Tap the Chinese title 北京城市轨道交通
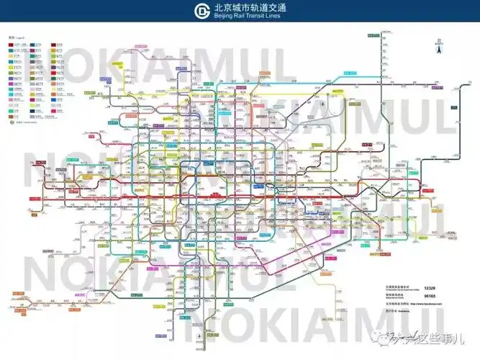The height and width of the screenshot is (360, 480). point(246,7)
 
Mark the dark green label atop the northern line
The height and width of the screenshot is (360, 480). point(373,35)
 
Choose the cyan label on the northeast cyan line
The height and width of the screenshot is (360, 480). point(350,73)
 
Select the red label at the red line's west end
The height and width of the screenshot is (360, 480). point(34,198)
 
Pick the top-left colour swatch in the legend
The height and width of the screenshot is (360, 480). point(12,44)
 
